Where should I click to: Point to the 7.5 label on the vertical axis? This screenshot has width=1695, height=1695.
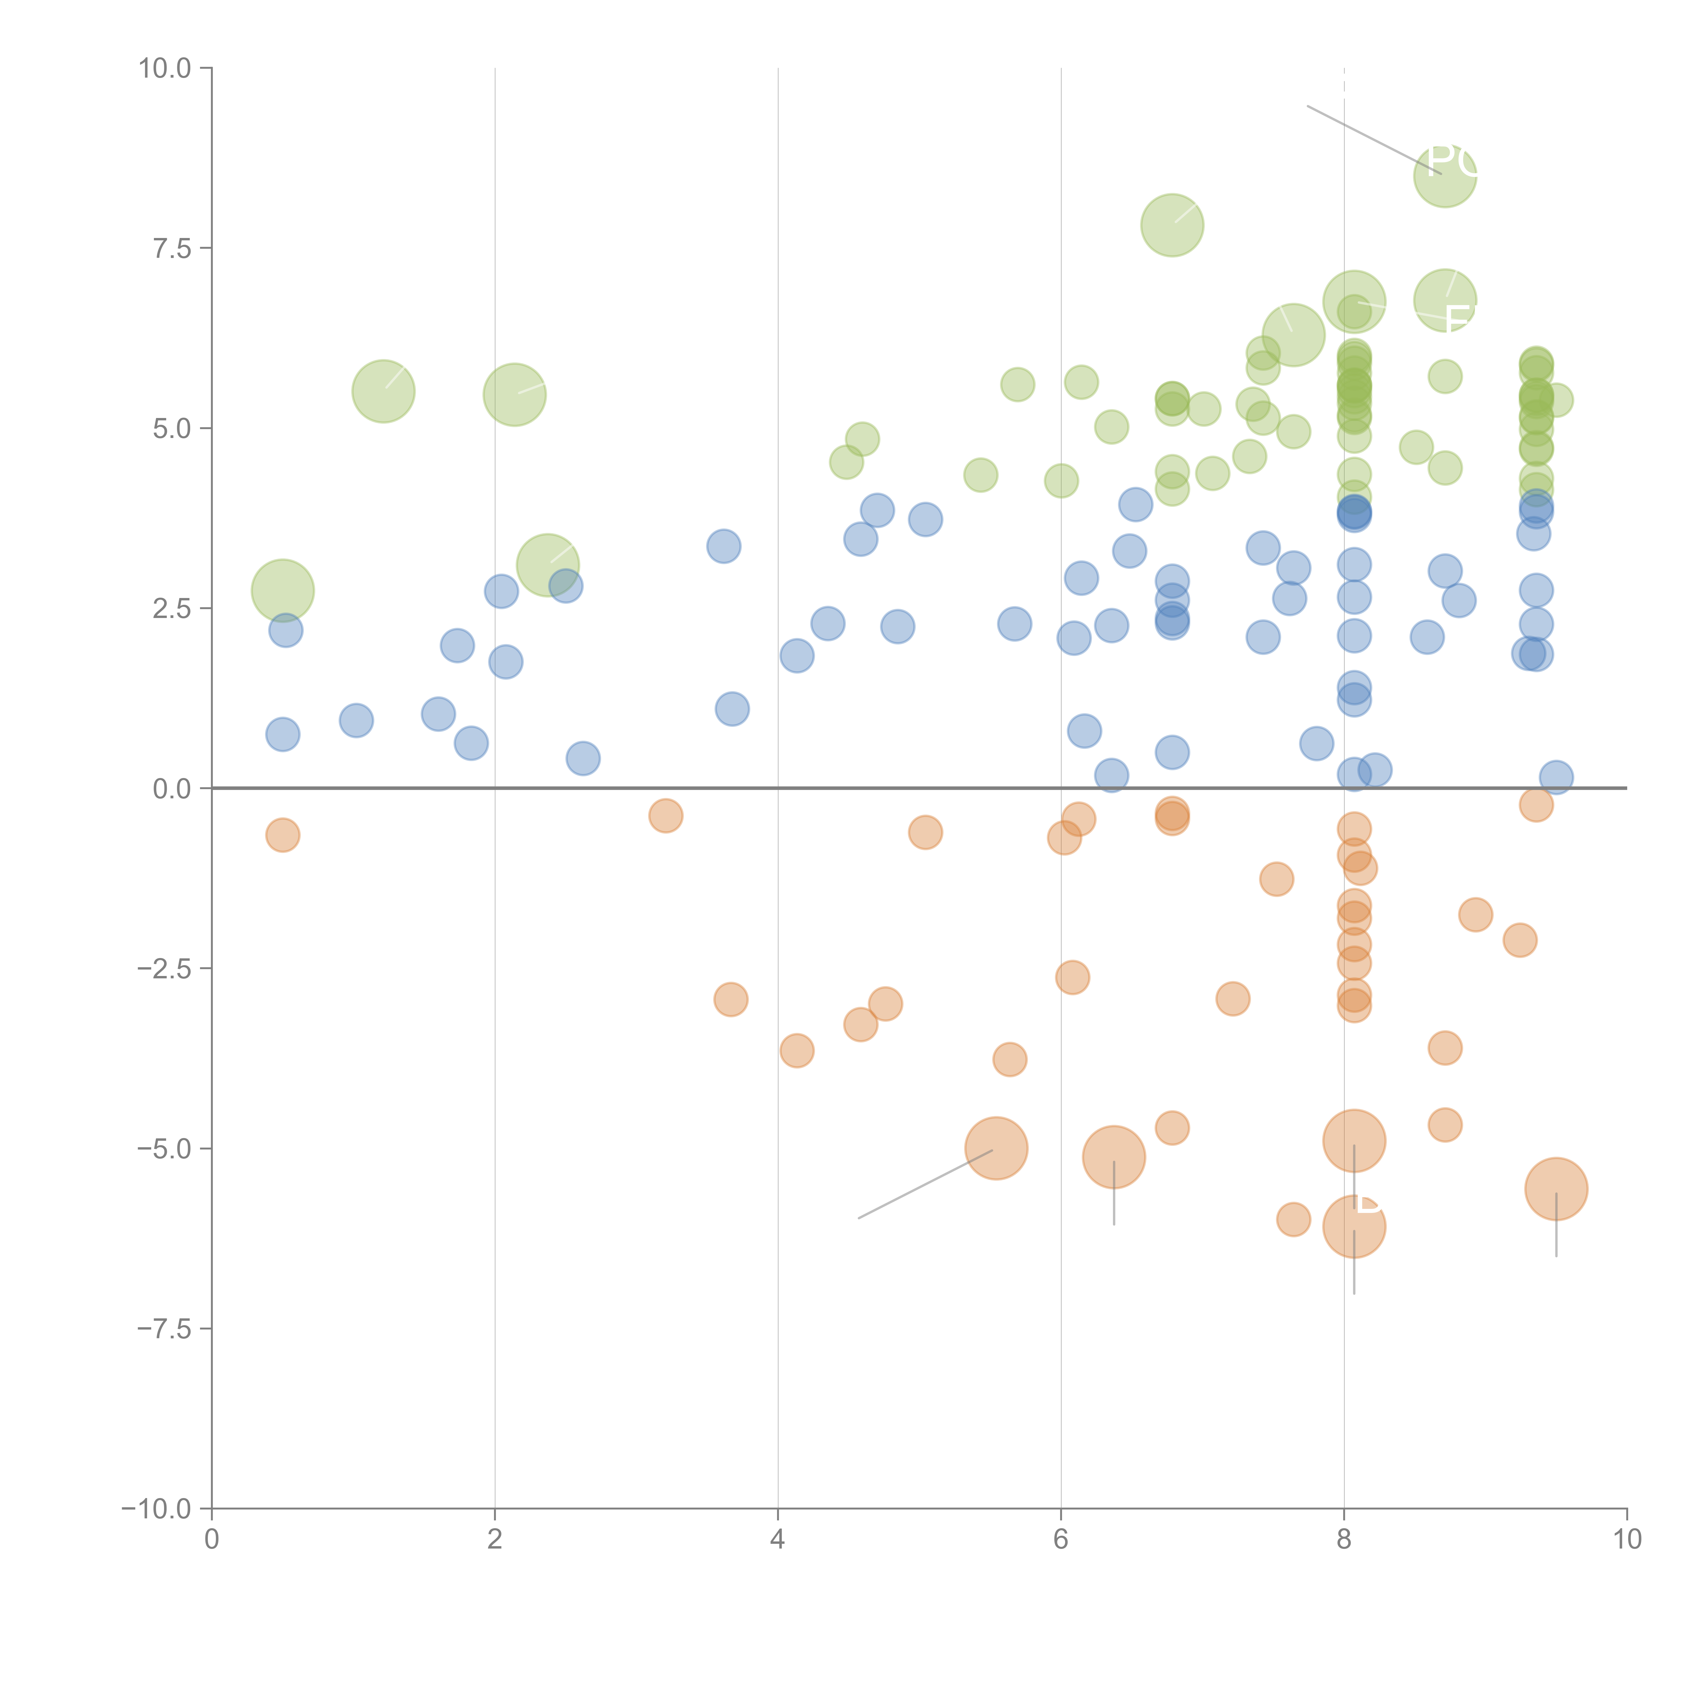(171, 248)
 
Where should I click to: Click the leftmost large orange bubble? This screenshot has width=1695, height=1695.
(996, 1149)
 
